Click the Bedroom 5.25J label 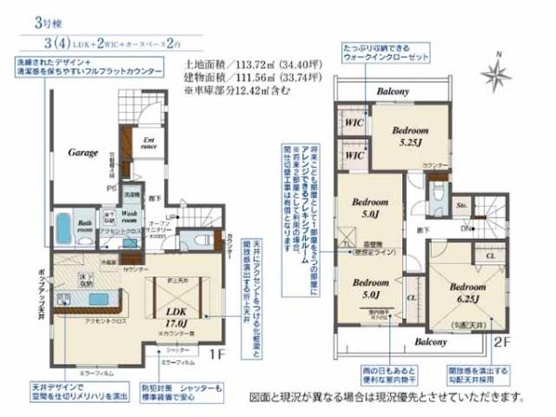click(x=406, y=136)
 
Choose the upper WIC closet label click(x=352, y=122)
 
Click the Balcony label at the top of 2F click(x=393, y=92)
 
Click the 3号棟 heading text click(x=26, y=19)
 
